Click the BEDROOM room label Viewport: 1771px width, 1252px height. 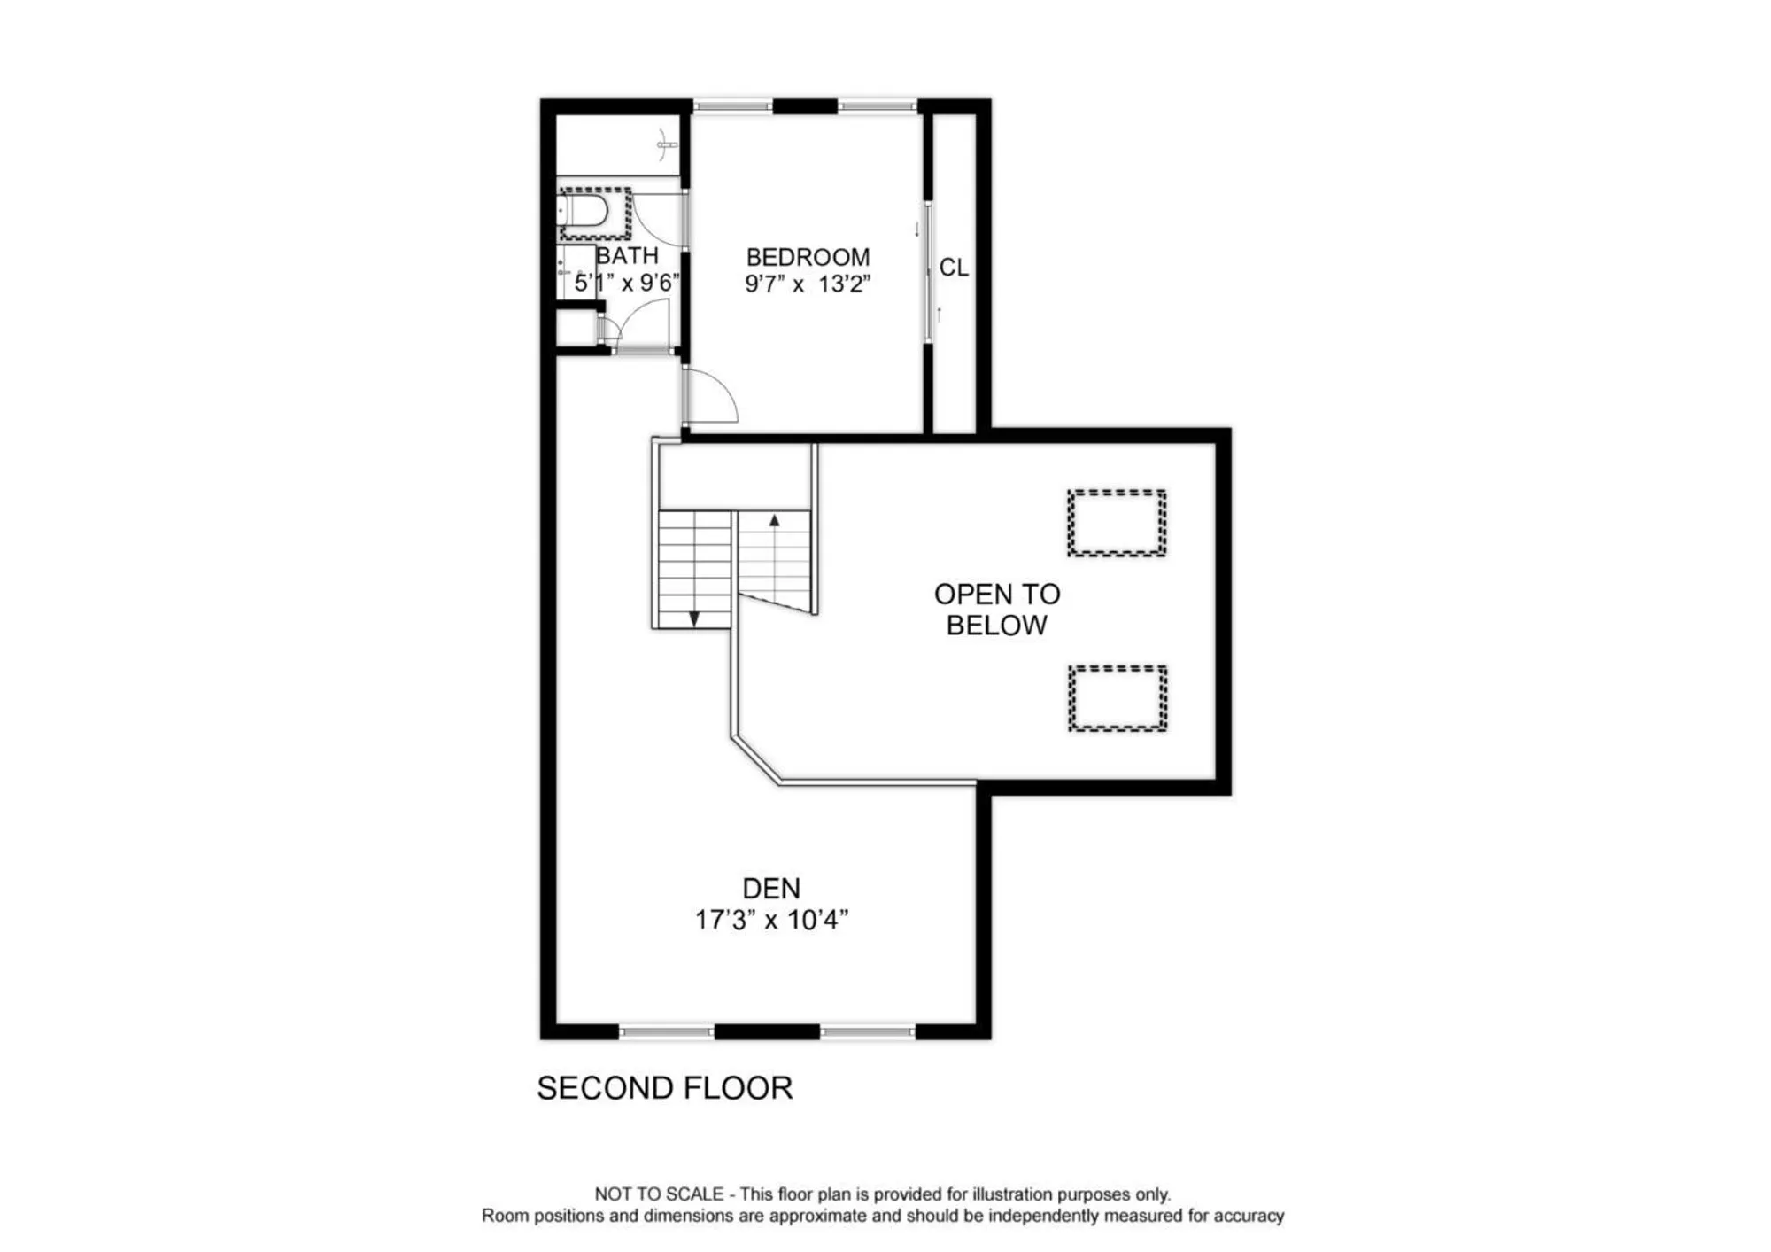click(808, 257)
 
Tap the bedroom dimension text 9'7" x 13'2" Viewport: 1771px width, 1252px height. click(808, 284)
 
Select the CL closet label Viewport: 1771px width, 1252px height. click(954, 268)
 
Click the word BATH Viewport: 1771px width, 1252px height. click(627, 256)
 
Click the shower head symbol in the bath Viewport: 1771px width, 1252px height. click(666, 144)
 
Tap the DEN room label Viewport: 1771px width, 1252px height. click(771, 889)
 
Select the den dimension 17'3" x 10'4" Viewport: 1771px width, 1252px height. click(771, 921)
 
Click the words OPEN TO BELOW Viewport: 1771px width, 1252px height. click(997, 610)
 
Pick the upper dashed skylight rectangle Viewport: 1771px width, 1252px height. click(1117, 523)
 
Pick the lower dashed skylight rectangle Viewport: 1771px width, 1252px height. click(1118, 698)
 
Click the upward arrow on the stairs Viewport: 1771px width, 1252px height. click(774, 521)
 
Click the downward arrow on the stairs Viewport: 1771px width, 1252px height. click(694, 618)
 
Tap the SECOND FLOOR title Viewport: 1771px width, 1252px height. click(664, 1088)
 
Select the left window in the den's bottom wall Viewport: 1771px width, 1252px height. click(666, 1031)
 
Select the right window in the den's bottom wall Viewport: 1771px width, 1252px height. click(867, 1031)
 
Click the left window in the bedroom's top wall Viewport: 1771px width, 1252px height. click(732, 106)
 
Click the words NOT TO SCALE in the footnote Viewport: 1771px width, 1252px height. click(659, 1194)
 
